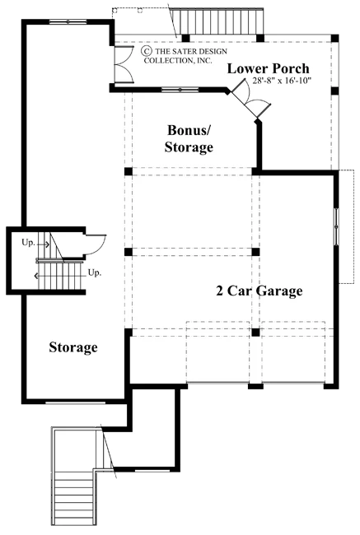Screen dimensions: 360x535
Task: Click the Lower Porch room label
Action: coord(268,68)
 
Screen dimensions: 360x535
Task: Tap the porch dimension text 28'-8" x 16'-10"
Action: coord(282,81)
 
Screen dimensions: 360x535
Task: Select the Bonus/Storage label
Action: coord(189,138)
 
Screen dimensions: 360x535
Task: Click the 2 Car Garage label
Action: coord(259,291)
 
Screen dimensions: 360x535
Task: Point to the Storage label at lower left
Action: coord(73,347)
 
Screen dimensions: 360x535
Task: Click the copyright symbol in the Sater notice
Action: coord(147,51)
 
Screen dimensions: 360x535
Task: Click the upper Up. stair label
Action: coord(28,243)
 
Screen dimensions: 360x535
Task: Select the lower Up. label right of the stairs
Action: coord(95,272)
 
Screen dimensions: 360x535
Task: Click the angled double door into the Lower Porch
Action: coord(250,99)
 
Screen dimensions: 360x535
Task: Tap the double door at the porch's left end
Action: coord(124,63)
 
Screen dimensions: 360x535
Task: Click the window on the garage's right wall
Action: coord(336,226)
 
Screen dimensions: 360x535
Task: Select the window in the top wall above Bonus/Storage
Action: coord(180,90)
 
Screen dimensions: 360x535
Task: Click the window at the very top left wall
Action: coord(68,22)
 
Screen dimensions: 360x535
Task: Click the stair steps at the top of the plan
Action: coord(217,21)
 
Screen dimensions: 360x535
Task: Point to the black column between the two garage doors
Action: coord(255,386)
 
